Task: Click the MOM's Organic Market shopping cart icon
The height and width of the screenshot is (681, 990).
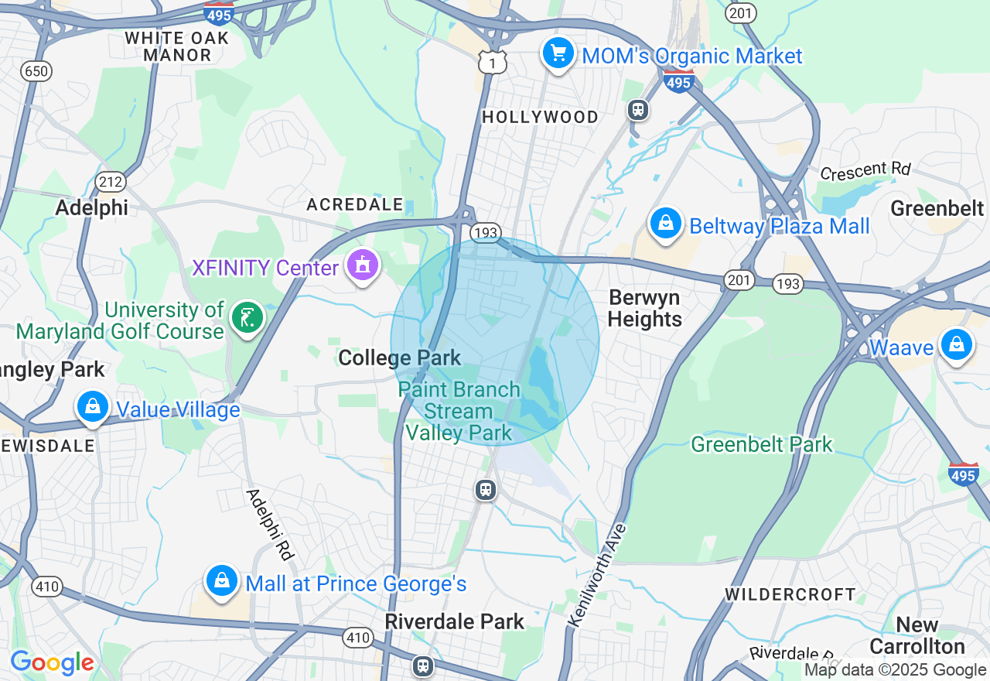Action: click(558, 54)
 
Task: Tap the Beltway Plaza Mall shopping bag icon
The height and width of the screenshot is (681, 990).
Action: click(664, 224)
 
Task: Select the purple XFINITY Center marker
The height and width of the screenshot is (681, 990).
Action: click(362, 266)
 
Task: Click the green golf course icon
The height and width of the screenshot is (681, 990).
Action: click(247, 318)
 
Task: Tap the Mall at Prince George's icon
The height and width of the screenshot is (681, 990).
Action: click(222, 581)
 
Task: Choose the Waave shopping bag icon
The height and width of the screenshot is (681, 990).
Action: click(957, 345)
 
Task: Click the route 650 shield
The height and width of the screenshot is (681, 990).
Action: click(36, 72)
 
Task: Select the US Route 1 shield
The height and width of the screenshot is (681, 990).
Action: click(492, 63)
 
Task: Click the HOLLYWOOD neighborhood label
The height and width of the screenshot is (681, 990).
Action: click(540, 117)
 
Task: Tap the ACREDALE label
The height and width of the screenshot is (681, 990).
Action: click(355, 204)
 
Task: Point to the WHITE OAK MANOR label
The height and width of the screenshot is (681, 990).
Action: click(177, 46)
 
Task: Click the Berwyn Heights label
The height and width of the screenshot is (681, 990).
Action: click(644, 308)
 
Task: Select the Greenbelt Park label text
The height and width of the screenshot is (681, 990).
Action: click(761, 444)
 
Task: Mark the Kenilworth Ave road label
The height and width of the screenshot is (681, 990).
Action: click(598, 575)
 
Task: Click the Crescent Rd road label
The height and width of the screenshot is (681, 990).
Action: click(866, 170)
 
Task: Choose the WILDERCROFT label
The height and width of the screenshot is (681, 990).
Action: click(790, 594)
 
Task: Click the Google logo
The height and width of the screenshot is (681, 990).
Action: click(52, 662)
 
